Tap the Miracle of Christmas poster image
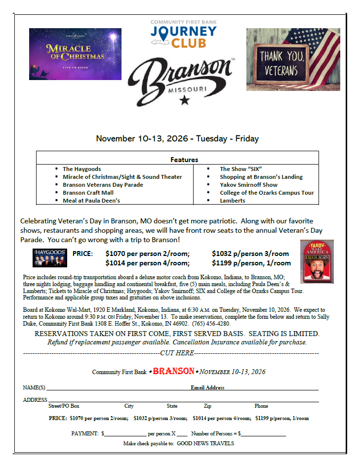click(x=75, y=54)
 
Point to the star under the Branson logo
click(x=185, y=100)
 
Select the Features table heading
click(x=184, y=160)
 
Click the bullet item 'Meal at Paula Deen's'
click(x=91, y=201)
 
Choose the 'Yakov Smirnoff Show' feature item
click(x=248, y=185)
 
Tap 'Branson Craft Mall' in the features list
click(x=88, y=193)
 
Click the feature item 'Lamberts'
click(x=232, y=201)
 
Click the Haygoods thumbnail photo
click(x=49, y=258)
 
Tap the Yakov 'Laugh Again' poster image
click(x=317, y=261)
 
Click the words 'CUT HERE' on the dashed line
click(x=177, y=353)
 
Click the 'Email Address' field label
click(x=207, y=388)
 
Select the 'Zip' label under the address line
click(x=207, y=406)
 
